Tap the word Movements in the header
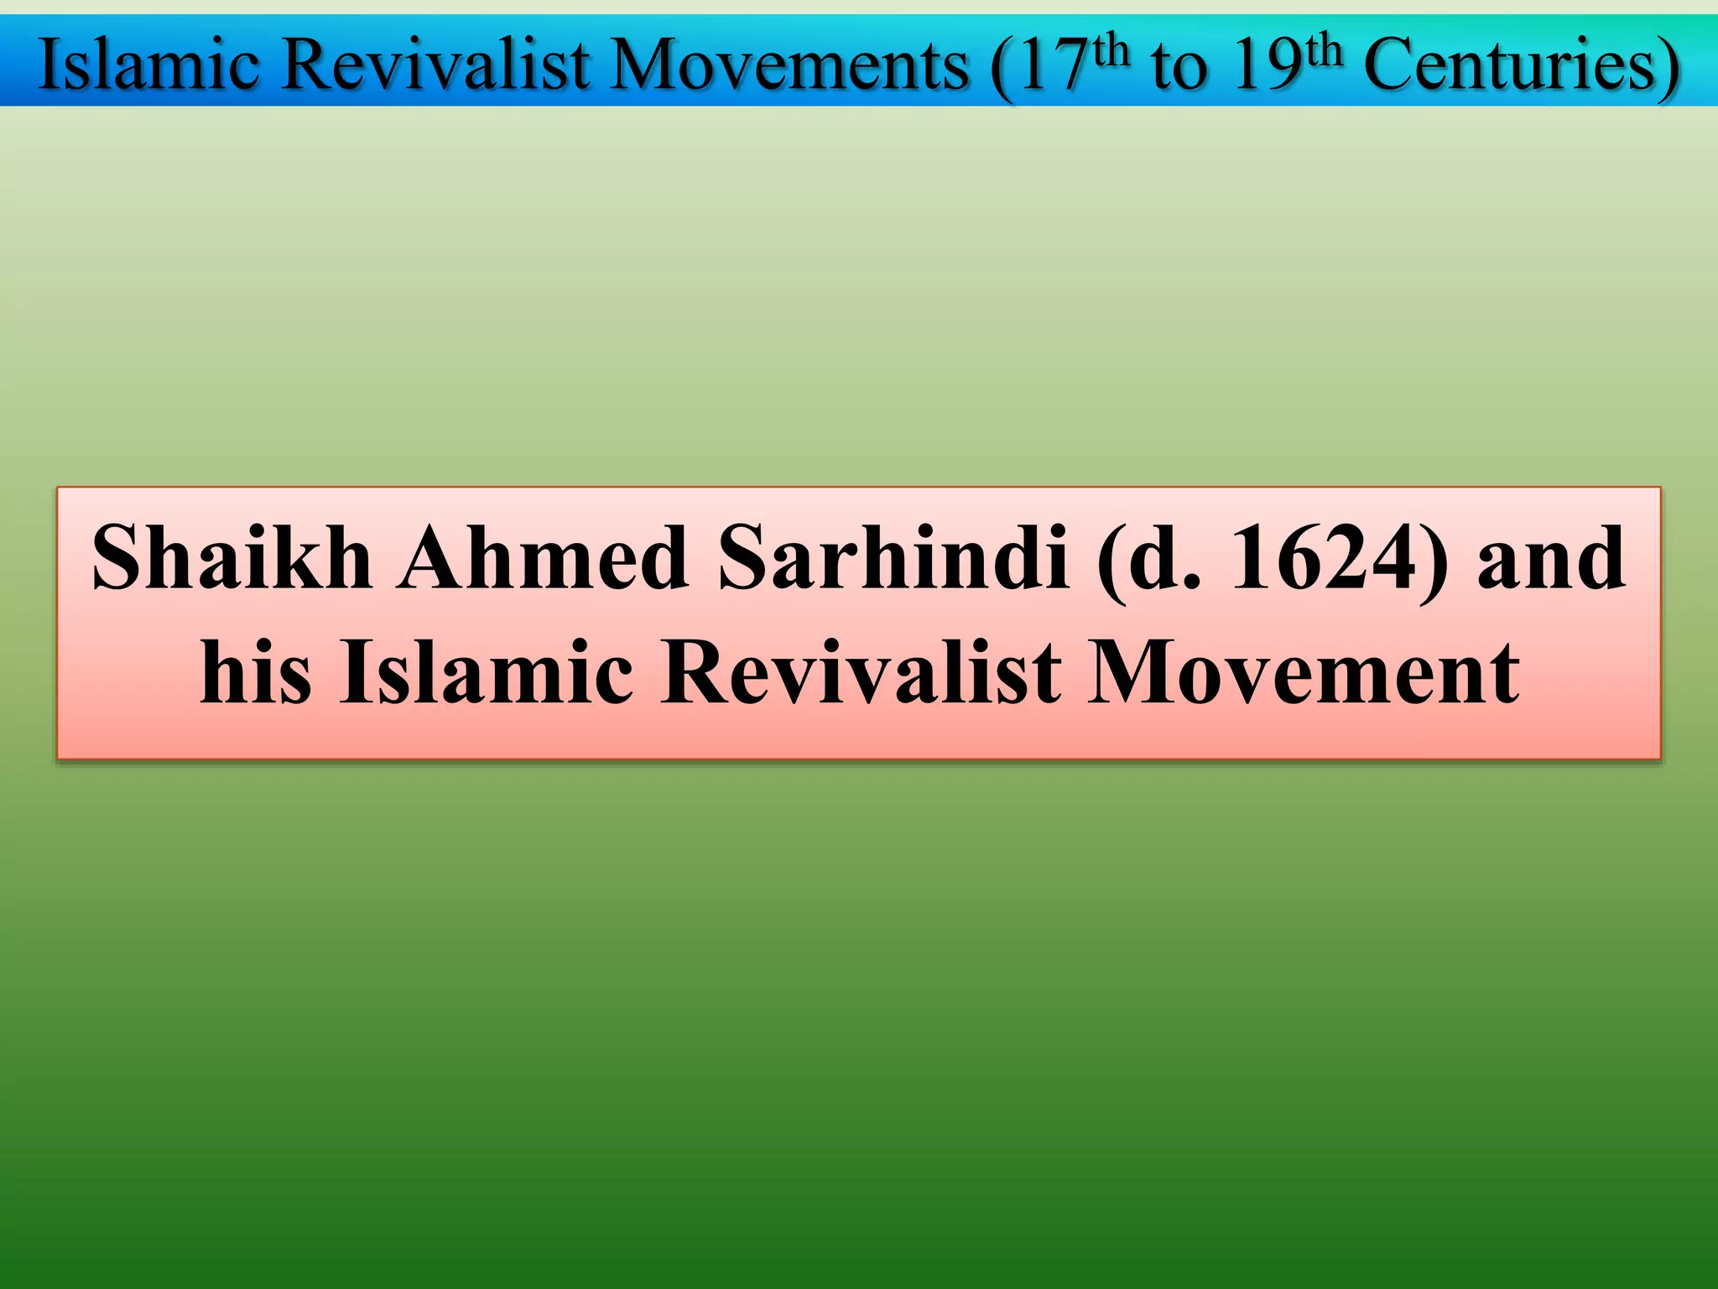(790, 65)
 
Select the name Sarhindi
(894, 558)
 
